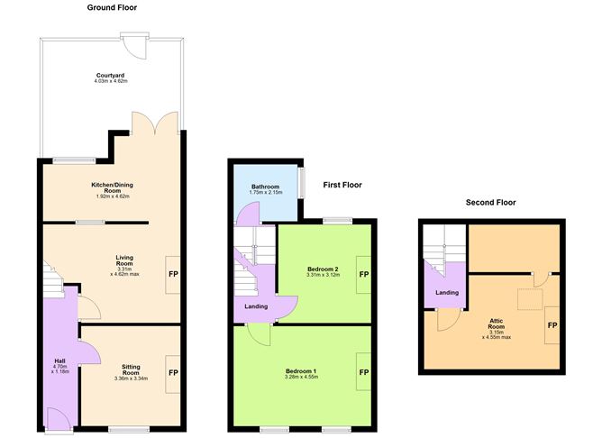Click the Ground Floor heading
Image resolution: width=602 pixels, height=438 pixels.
click(x=112, y=7)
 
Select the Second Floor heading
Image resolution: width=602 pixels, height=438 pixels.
click(x=490, y=202)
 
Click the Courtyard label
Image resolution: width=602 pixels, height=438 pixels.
click(x=111, y=78)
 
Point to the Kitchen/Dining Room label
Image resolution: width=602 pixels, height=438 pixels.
click(x=112, y=188)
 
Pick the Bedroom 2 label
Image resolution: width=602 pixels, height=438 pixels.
click(x=323, y=273)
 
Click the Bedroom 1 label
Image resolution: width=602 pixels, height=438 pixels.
click(x=301, y=375)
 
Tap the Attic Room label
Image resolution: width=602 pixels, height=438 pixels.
click(x=496, y=329)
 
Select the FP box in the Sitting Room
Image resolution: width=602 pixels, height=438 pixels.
click(x=172, y=371)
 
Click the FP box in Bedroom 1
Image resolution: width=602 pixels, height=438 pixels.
click(x=364, y=372)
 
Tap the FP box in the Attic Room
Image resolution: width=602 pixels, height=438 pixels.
click(x=552, y=325)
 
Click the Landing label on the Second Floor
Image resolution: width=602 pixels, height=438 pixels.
click(x=448, y=292)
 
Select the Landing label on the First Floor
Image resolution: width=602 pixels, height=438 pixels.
click(x=256, y=307)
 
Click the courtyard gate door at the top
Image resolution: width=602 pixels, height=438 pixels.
click(x=135, y=43)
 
